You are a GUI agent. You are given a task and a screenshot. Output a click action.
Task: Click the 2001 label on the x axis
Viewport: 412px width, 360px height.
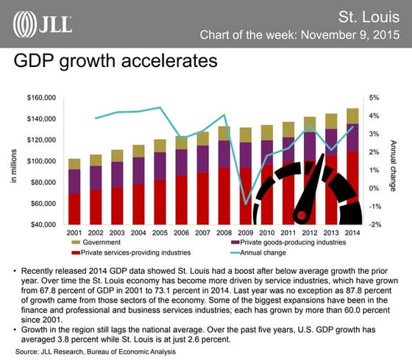pyautogui.click(x=74, y=233)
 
